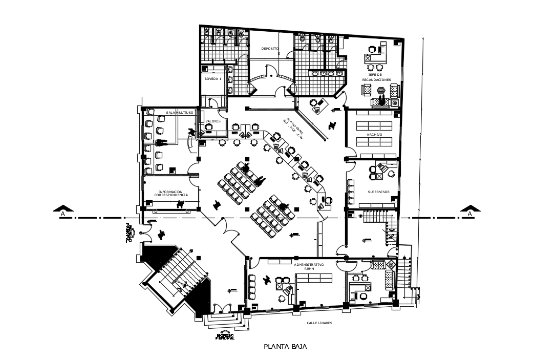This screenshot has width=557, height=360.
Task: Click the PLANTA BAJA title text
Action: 285,347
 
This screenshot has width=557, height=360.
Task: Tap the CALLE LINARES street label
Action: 319,323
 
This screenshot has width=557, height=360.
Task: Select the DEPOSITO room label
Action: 270,49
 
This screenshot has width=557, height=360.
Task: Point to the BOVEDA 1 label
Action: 212,79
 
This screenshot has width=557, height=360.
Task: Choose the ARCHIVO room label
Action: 374,134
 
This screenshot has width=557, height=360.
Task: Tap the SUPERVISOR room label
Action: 378,192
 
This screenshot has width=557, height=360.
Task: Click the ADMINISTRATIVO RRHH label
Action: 309,266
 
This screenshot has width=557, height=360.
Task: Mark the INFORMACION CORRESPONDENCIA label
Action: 171,194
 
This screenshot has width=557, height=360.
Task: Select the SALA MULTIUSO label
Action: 179,112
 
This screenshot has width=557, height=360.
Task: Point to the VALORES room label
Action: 212,121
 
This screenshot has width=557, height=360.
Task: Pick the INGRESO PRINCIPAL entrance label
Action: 225,337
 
